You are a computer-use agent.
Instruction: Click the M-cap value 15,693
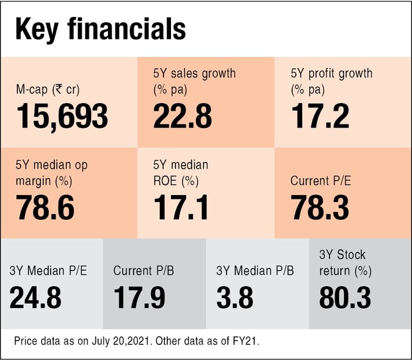click(x=62, y=116)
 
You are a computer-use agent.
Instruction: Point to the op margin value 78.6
click(x=46, y=209)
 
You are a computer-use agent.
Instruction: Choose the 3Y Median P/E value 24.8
click(x=36, y=297)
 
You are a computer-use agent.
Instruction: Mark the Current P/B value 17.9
click(x=139, y=297)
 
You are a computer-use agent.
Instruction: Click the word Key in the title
click(x=39, y=29)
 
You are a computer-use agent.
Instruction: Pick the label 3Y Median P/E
click(x=48, y=271)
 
